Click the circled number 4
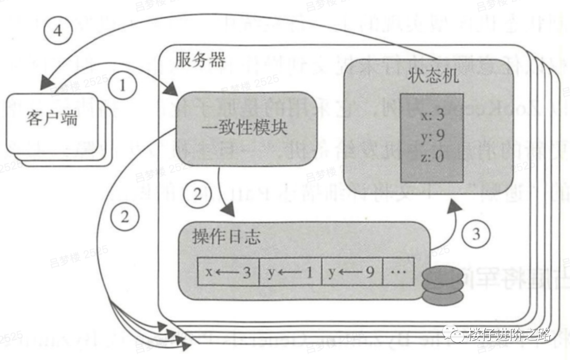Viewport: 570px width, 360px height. coord(58,30)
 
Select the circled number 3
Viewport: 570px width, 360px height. coord(476,233)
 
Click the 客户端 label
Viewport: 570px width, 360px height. coord(52,118)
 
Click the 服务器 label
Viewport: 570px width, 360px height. coord(199,60)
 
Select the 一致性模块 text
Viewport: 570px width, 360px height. coord(245,127)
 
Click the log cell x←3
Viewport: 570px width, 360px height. coord(228,272)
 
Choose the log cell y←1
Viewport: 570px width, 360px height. coord(290,272)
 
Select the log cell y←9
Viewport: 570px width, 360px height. coord(351,272)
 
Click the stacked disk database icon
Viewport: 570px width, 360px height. coord(443,286)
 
